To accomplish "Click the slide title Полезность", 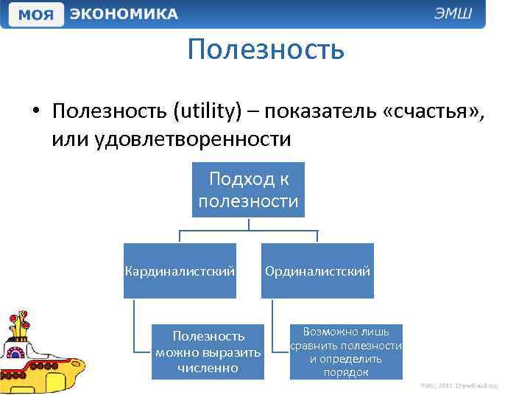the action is point(265,49).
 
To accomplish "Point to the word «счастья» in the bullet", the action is point(431,111).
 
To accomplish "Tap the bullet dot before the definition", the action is point(35,112).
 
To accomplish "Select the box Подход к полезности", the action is point(248,190).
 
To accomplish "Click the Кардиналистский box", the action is point(180,271).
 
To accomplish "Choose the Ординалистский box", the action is point(317,271).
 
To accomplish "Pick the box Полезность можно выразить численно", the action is point(208,352).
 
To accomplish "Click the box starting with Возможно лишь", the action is point(346,352).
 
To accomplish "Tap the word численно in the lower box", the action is point(208,367).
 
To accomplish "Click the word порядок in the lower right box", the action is point(346,372).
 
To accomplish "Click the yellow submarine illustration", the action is point(40,354).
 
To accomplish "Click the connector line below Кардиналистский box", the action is point(135,324).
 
